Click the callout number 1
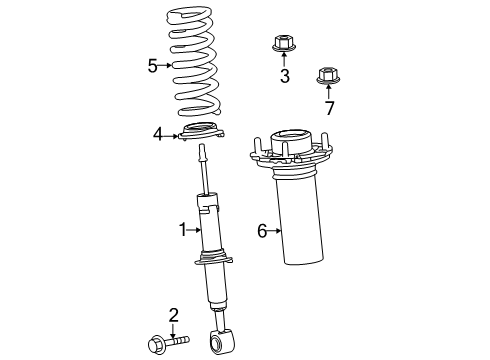[x=183, y=230]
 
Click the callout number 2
[x=174, y=316]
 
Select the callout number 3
[x=284, y=76]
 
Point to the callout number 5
[x=153, y=66]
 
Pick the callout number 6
[x=262, y=231]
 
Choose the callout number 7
[x=327, y=106]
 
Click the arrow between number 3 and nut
[x=284, y=61]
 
